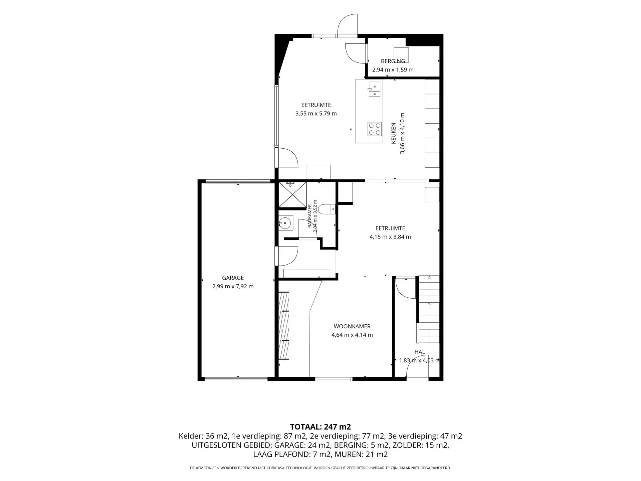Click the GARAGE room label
pyautogui.click(x=233, y=278)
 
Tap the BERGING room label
pyautogui.click(x=393, y=61)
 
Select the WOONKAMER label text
pyautogui.click(x=352, y=326)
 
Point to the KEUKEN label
pyautogui.click(x=394, y=133)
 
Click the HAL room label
pyautogui.click(x=420, y=352)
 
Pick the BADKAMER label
pyautogui.click(x=309, y=216)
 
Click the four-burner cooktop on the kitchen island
pyautogui.click(x=375, y=129)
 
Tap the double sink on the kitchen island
pyautogui.click(x=375, y=90)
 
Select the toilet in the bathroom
pyautogui.click(x=327, y=209)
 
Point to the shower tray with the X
pyautogui.click(x=292, y=195)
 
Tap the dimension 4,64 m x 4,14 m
pyautogui.click(x=352, y=335)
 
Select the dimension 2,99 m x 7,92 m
pyautogui.click(x=233, y=286)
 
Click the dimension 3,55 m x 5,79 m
pyautogui.click(x=316, y=114)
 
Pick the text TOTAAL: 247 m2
pyautogui.click(x=320, y=427)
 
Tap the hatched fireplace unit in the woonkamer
pyautogui.click(x=283, y=326)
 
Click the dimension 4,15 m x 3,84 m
pyautogui.click(x=390, y=237)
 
